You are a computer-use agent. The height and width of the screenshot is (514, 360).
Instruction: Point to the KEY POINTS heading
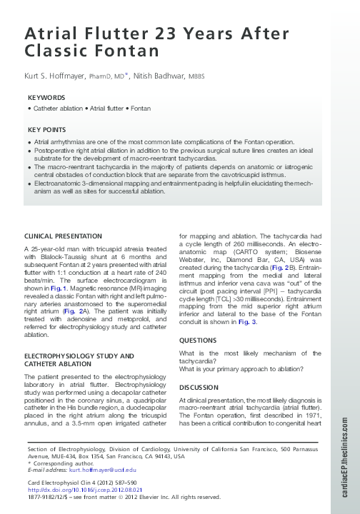point(47,131)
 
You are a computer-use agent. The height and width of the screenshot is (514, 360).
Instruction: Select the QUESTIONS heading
point(198,341)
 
